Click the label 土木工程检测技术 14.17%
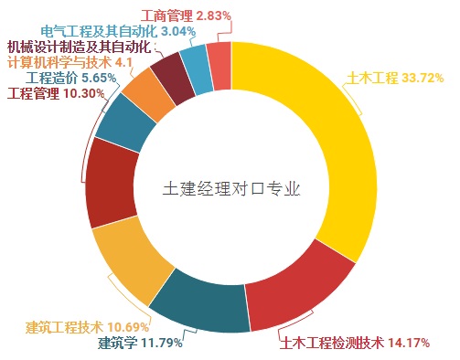coord(366,344)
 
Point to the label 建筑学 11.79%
coord(141,344)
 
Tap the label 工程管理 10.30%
coord(49,93)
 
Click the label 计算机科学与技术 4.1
coord(70,62)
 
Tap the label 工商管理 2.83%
coord(187,16)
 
